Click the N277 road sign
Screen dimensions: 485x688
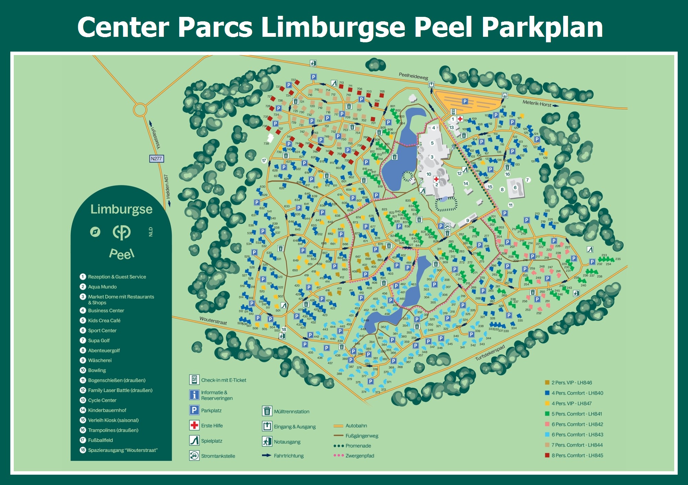[157, 159]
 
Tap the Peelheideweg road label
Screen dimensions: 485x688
[413, 76]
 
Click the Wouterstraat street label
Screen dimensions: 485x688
[213, 321]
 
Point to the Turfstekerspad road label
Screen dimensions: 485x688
[490, 353]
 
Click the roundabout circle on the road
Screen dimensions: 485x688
[140, 110]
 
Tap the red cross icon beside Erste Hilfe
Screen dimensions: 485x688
[194, 425]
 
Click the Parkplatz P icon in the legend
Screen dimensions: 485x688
[194, 410]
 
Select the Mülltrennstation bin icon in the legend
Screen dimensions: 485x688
[267, 411]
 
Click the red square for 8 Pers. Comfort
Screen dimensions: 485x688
[547, 455]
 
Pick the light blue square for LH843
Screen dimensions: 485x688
[547, 434]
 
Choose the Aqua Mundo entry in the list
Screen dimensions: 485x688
[102, 287]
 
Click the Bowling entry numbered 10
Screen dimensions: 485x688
[97, 370]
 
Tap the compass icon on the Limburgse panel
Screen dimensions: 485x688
[95, 232]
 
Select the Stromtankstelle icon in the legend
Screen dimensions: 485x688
[194, 455]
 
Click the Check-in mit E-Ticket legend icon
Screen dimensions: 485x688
[194, 380]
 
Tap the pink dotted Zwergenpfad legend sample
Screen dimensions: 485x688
[338, 455]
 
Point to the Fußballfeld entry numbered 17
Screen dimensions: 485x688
[100, 440]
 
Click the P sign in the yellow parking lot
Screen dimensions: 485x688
[465, 101]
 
